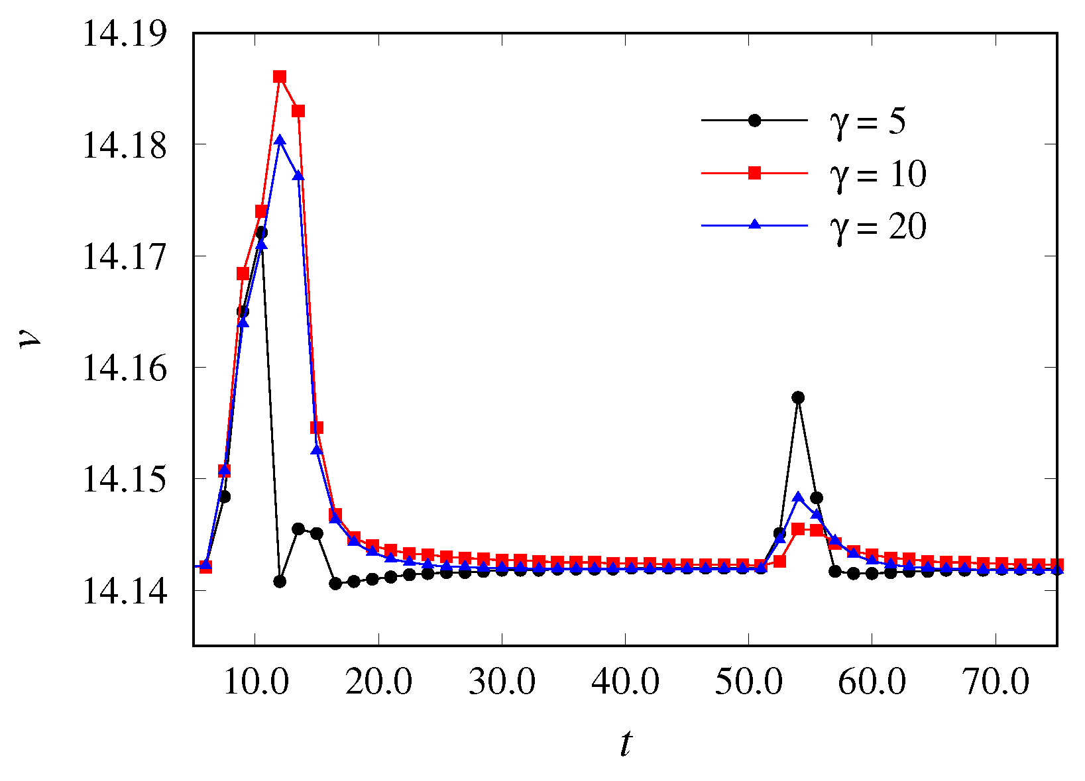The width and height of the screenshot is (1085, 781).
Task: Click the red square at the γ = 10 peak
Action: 280,77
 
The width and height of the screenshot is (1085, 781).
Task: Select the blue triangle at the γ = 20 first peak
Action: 280,140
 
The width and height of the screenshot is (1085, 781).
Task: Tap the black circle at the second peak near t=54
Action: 798,397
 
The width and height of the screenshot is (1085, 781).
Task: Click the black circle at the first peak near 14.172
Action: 261,233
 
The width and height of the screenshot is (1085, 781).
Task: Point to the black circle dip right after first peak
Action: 280,581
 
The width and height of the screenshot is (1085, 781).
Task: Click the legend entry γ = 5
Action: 868,121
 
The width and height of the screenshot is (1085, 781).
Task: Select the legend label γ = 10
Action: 878,174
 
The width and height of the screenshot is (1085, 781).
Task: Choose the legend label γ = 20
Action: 878,227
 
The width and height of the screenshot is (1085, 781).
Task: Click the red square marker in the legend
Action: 754,173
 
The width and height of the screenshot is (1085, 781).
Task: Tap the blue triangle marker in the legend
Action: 754,225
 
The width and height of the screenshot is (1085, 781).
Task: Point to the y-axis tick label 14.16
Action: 124,368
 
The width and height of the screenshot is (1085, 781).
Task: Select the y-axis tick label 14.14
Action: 124,590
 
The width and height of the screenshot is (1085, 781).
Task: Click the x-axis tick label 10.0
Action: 256,682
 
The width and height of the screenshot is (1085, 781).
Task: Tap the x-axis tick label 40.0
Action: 625,682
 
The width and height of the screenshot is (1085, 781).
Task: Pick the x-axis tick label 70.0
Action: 995,682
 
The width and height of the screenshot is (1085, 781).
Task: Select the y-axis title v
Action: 30,339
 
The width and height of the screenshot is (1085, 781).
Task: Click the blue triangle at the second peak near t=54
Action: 798,497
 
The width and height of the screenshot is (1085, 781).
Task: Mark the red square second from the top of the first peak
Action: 298,111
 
